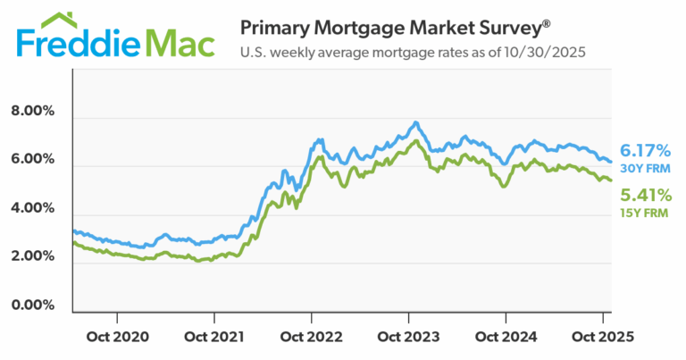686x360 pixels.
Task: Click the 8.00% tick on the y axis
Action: [32, 112]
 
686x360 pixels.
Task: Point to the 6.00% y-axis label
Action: [32, 160]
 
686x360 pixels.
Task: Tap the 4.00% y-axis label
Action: [32, 208]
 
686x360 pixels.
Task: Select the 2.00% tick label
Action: [32, 257]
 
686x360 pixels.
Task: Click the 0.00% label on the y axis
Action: [32, 306]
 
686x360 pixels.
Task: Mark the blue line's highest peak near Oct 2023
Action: [415, 121]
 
